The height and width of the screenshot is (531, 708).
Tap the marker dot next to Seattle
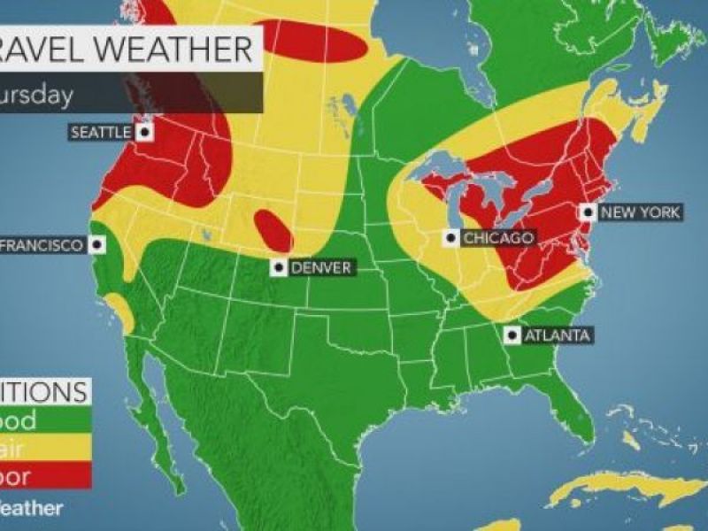click(144, 132)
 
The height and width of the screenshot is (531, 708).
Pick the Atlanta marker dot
click(512, 335)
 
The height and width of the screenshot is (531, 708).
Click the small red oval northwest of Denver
click(273, 231)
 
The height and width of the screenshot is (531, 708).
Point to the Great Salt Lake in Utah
click(205, 236)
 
